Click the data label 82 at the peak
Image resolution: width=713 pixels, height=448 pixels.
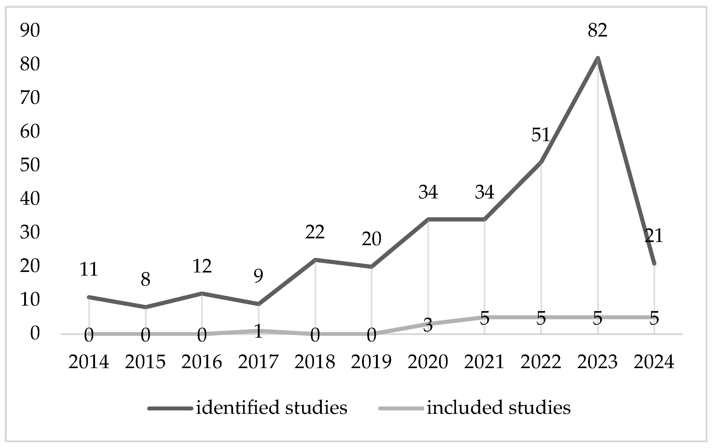click(597, 30)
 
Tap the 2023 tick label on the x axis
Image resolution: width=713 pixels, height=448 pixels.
click(597, 362)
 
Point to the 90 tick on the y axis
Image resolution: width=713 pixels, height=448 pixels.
click(30, 30)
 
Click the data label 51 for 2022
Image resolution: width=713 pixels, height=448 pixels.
click(541, 135)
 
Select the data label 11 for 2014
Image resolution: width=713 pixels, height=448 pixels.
click(89, 270)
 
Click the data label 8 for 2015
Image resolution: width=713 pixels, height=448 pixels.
click(145, 279)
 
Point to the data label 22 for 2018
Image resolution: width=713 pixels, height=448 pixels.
click(315, 232)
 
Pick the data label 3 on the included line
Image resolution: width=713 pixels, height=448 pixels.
click(428, 326)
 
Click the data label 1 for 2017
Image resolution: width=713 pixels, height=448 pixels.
click(258, 331)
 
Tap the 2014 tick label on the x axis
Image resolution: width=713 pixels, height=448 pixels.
click(89, 362)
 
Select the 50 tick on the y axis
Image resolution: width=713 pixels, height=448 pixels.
click(30, 165)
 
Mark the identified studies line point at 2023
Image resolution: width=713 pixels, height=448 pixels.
click(597, 58)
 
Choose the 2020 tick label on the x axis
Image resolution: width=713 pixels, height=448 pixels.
click(428, 362)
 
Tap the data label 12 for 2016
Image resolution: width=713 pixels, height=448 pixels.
click(202, 266)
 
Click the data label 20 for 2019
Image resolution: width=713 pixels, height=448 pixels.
click(371, 239)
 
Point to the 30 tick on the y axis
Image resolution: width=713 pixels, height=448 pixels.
click(30, 233)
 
